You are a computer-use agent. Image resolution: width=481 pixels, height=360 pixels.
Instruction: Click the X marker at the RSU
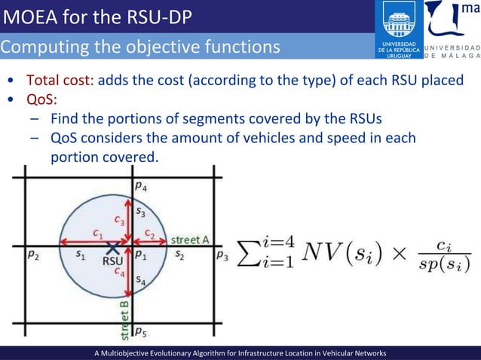pos(112,246)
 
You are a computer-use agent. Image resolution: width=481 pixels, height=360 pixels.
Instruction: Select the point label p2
pos(34,255)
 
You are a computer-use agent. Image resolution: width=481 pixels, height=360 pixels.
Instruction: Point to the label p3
pos(222,256)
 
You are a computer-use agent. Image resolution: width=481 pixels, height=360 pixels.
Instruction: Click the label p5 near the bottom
pos(141,330)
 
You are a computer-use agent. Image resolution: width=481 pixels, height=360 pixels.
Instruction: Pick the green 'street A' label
pos(189,239)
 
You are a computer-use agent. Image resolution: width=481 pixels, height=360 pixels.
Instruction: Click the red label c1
pos(98,233)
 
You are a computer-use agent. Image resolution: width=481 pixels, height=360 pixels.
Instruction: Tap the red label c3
pos(120,220)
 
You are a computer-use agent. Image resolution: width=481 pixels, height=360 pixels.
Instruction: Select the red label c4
pos(120,273)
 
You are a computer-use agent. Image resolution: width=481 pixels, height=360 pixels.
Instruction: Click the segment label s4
pos(141,279)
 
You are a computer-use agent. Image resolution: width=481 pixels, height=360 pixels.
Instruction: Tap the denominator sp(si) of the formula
pos(446,264)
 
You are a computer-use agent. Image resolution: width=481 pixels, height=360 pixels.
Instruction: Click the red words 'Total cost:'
pos(60,81)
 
